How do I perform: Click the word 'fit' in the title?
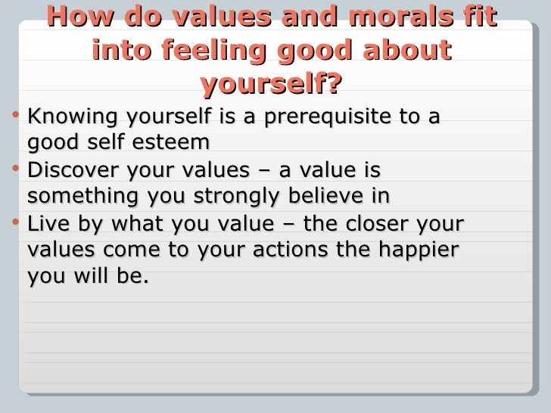tap(478, 17)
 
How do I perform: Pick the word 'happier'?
tap(422, 250)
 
